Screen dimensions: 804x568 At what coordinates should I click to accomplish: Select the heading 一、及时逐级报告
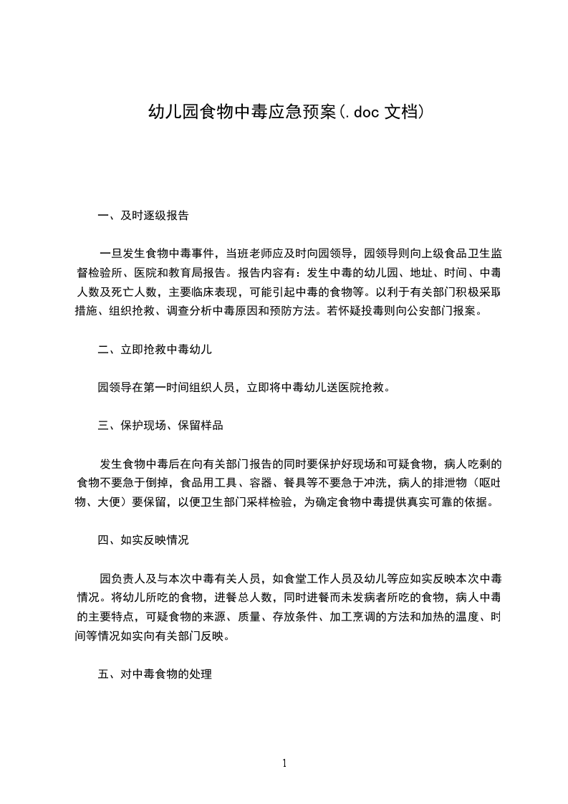tap(143, 215)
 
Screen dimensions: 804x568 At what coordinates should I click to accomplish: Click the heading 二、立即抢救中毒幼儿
tap(155, 350)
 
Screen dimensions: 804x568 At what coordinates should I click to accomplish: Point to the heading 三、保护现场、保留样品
tap(160, 426)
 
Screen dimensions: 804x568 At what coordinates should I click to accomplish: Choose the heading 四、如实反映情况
tap(143, 540)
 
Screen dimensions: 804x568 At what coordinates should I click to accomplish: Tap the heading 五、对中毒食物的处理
tap(155, 674)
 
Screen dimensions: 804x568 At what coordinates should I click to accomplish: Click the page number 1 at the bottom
tap(284, 764)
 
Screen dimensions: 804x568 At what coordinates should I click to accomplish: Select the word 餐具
tap(297, 483)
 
